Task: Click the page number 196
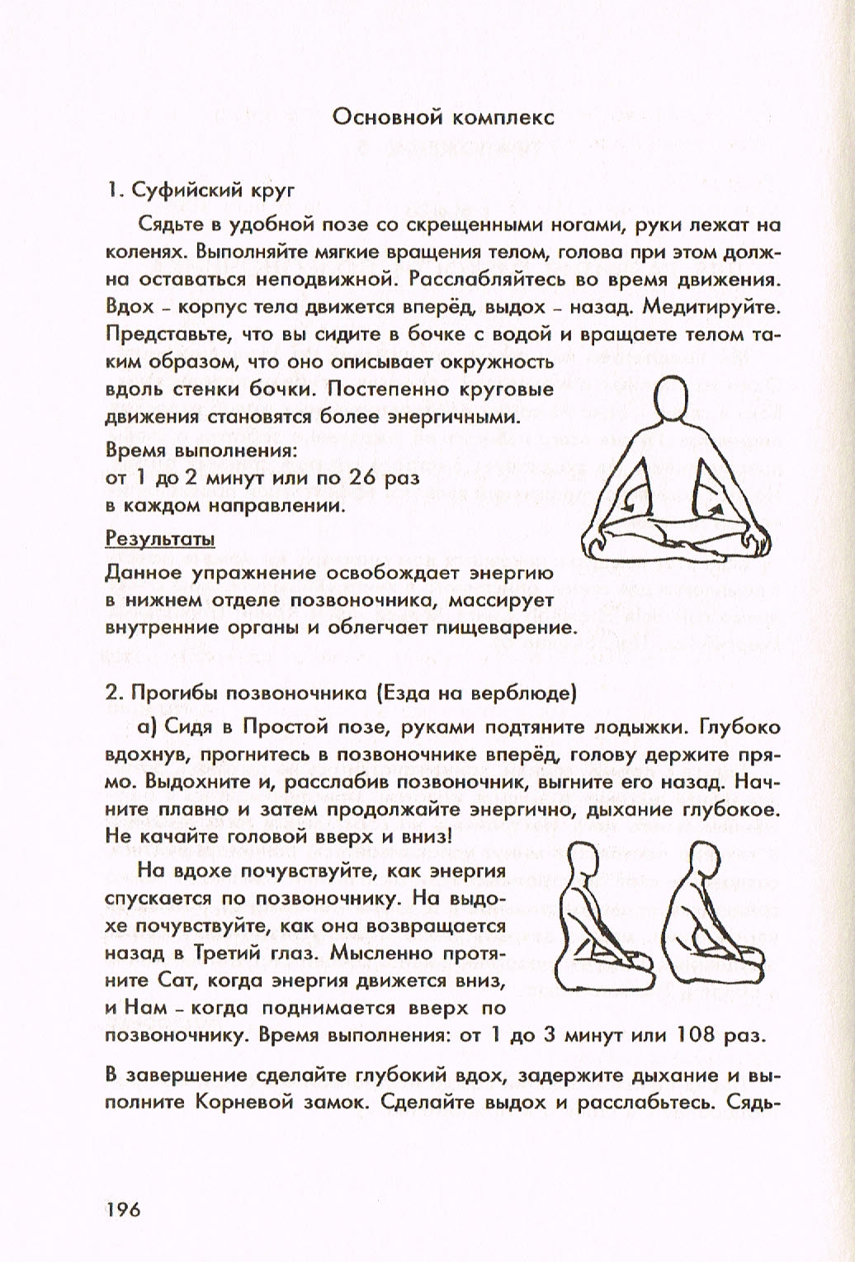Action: point(124,1210)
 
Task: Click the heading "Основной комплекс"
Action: point(442,117)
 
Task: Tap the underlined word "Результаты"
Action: point(160,539)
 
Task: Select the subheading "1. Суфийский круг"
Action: point(201,191)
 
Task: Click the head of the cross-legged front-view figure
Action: point(670,398)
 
